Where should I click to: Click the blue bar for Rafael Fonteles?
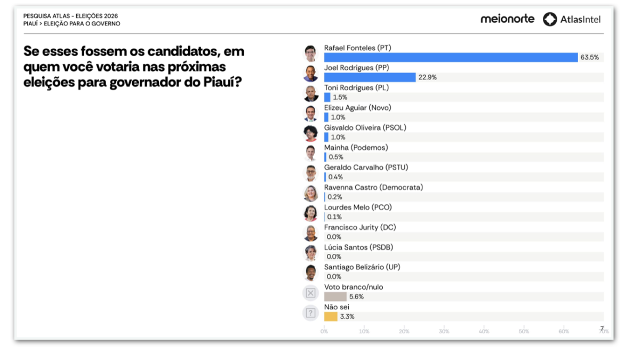(x=451, y=58)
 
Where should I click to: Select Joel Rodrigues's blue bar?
(x=370, y=77)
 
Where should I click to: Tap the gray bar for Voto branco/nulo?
(x=335, y=297)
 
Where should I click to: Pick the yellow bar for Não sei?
(x=331, y=317)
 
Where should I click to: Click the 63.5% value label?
(x=589, y=58)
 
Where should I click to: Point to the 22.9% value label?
(x=427, y=77)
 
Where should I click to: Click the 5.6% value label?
(x=356, y=297)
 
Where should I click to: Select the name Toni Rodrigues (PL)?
(x=356, y=87)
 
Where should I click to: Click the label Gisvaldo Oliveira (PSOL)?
(x=365, y=127)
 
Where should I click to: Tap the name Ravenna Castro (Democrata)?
(x=373, y=187)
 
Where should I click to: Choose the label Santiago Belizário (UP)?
(x=362, y=267)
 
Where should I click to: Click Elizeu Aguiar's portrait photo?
(x=310, y=113)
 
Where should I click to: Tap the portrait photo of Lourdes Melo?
(x=310, y=213)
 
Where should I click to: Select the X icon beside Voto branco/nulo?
(x=310, y=293)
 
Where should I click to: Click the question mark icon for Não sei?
(x=310, y=313)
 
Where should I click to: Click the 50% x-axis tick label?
(x=524, y=331)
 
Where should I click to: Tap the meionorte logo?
(x=507, y=19)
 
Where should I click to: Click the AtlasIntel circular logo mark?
(x=550, y=19)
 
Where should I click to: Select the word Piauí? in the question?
(x=222, y=82)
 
